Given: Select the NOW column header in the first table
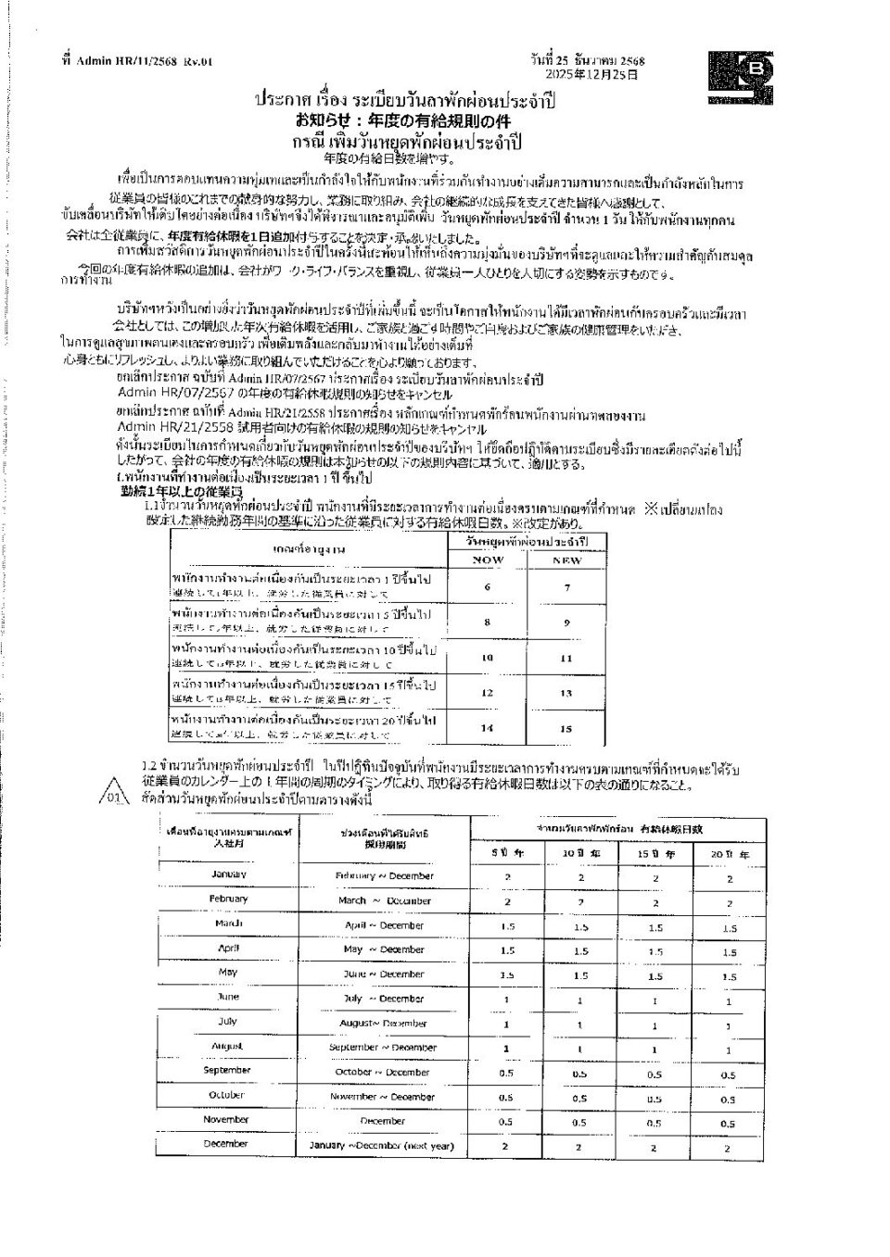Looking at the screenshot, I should click(488, 560).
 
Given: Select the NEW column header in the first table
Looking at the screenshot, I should click(566, 560).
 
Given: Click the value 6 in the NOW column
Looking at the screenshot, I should click(488, 586).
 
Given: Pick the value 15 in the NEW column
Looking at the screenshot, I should click(566, 728).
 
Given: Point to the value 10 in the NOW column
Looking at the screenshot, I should click(488, 658).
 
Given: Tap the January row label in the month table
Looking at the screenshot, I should click(228, 874).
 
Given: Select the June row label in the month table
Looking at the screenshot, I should click(228, 997).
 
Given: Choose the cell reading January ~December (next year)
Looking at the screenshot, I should click(381, 1146).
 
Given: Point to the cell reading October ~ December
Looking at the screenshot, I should click(383, 1072).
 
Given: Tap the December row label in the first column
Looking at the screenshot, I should click(226, 1144).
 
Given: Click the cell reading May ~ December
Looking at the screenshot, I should click(384, 949).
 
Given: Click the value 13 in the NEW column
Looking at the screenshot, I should click(566, 693).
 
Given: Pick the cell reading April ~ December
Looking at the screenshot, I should click(384, 925).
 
